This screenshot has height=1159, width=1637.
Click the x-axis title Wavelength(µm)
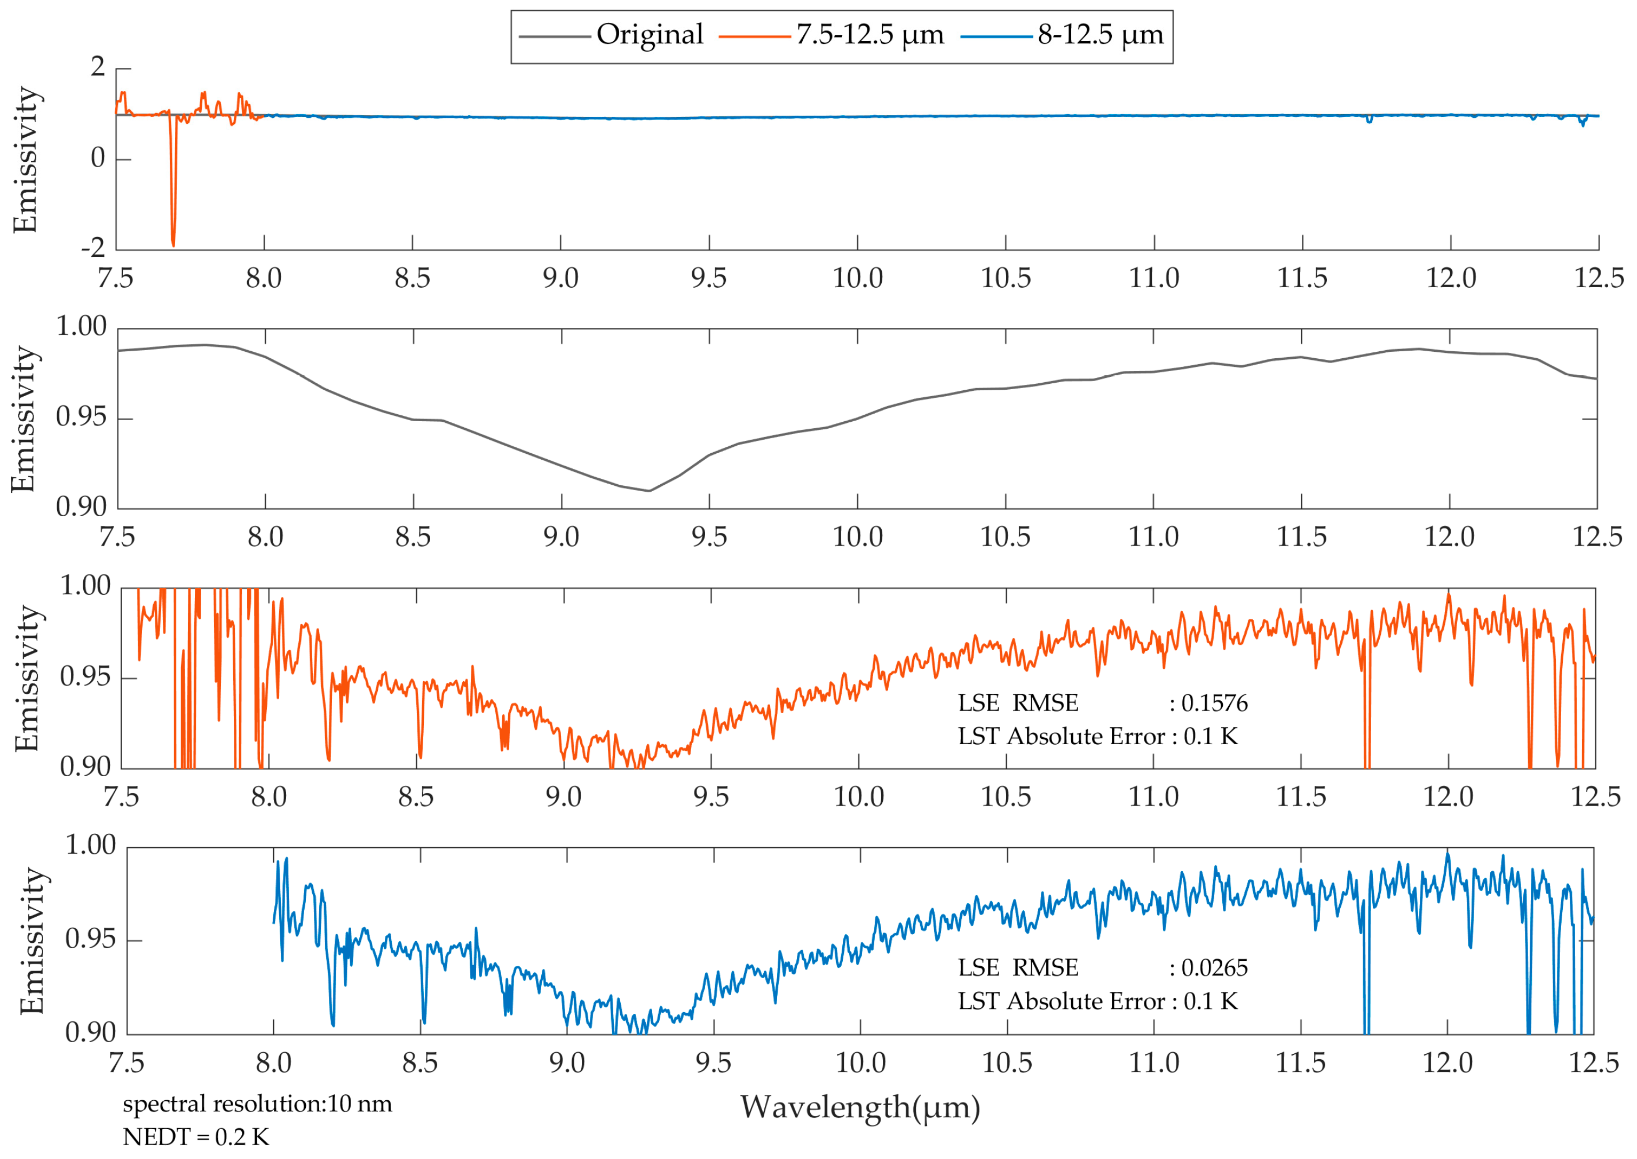(x=860, y=1108)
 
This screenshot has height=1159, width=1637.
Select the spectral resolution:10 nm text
(x=257, y=1104)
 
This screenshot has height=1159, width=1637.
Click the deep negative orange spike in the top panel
(x=173, y=239)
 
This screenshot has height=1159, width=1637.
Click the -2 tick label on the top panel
(x=93, y=248)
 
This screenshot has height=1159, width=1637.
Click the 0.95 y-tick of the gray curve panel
(x=81, y=417)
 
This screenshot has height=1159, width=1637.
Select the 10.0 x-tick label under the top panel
(x=857, y=278)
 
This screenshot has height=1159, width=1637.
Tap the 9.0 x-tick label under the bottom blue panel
(x=567, y=1063)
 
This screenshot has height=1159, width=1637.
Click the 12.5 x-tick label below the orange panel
(x=1595, y=797)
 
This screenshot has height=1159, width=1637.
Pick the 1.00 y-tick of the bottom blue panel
(x=91, y=846)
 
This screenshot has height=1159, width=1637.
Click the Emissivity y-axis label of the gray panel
(x=23, y=420)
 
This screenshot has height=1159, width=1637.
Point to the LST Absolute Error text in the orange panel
(x=1097, y=737)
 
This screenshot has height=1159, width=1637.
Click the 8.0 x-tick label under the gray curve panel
(x=265, y=538)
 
